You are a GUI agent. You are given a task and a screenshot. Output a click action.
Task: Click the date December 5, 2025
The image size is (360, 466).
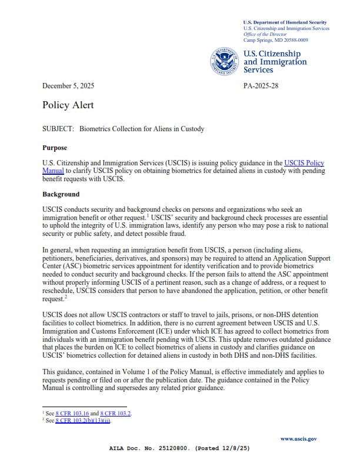[x=68, y=86]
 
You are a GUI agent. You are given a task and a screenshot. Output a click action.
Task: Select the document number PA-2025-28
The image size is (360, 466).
[x=261, y=86]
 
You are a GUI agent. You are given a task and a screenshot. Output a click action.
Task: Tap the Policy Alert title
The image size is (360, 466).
[x=68, y=105]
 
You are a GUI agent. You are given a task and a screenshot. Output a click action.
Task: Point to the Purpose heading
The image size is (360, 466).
[x=55, y=148]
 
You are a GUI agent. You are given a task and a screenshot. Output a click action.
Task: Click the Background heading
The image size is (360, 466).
[x=61, y=194]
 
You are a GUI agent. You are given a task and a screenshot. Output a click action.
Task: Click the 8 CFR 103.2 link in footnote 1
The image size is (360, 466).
[x=116, y=414]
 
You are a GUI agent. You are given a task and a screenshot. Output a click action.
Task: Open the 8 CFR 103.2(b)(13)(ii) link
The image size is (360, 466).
[x=82, y=421]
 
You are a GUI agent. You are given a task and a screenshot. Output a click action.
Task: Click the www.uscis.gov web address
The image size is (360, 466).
[x=299, y=439]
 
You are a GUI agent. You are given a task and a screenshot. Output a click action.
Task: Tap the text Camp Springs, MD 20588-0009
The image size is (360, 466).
[x=275, y=41]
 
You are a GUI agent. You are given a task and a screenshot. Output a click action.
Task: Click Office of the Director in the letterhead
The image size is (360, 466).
[x=265, y=35]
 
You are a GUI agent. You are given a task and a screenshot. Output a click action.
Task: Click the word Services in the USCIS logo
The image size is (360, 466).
[x=258, y=70]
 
